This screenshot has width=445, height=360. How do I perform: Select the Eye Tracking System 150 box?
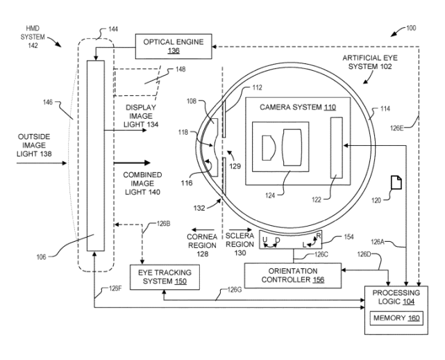tap(160, 278)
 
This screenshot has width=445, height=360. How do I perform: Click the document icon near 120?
tap(394, 183)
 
